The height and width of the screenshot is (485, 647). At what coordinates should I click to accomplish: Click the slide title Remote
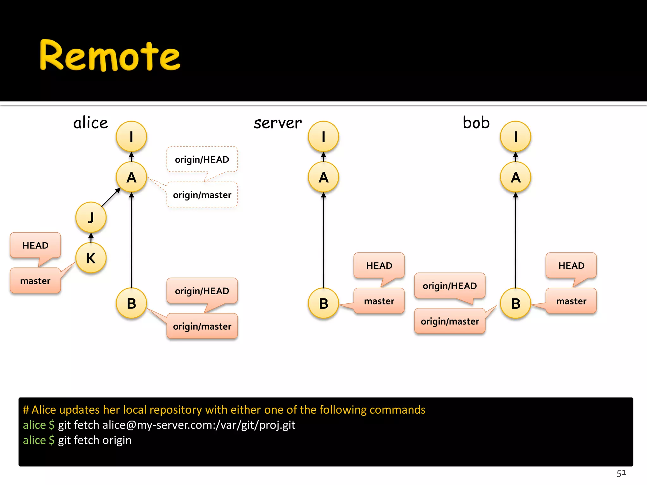(x=110, y=56)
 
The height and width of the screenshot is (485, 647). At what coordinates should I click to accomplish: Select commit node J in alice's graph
(x=91, y=217)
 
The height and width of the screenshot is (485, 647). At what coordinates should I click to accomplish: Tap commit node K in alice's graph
(x=91, y=258)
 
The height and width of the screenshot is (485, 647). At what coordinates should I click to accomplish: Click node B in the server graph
(x=323, y=303)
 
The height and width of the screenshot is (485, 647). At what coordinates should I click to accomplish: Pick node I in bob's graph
(x=516, y=136)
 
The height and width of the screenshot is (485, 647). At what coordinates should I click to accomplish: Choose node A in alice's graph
(x=131, y=177)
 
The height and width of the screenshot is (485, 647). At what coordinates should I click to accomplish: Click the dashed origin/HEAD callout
(x=202, y=159)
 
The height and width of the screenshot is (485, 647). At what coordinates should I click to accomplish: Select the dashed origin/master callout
(x=202, y=195)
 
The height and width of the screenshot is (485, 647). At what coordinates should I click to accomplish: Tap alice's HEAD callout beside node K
(x=35, y=245)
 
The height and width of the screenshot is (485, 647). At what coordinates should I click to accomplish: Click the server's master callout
(x=379, y=301)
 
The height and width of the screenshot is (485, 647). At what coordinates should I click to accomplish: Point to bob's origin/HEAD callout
(x=450, y=286)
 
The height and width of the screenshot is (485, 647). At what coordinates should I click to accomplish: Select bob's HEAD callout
(x=571, y=266)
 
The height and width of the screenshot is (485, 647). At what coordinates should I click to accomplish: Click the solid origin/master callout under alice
(x=202, y=326)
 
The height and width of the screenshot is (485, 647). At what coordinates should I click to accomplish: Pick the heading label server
(x=278, y=123)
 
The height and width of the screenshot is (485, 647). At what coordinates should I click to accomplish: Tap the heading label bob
(x=476, y=123)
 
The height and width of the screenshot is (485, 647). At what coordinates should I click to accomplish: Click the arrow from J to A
(x=111, y=198)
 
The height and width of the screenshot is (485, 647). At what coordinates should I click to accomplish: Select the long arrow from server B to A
(x=323, y=240)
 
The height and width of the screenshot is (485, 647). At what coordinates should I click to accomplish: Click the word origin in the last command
(x=117, y=440)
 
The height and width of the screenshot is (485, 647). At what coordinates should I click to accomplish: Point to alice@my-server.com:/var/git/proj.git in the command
(x=199, y=425)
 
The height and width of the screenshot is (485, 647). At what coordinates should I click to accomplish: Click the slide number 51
(x=621, y=473)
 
